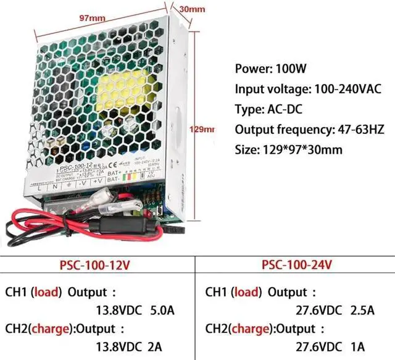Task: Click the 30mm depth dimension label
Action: point(192,9)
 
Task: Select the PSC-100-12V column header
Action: point(95,265)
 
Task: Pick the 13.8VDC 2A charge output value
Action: point(122,348)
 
